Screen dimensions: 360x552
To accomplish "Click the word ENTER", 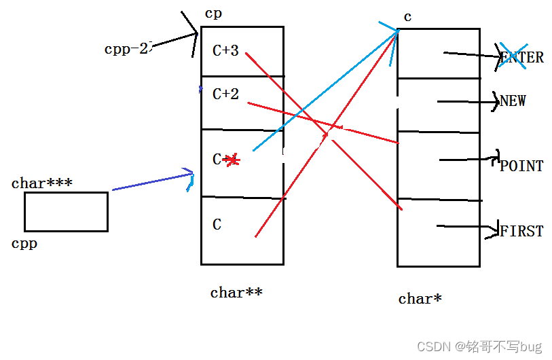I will coord(522,58).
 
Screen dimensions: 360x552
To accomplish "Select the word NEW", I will coord(513,101).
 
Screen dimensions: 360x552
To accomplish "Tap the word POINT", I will coord(521,166).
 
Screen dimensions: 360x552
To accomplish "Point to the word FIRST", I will coord(521,231).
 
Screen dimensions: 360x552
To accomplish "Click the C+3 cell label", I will coord(225,50).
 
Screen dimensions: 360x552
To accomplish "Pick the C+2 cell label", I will coord(225,94).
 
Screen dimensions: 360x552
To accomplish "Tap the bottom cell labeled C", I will coord(217,225).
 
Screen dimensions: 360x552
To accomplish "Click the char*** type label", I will coord(42,183).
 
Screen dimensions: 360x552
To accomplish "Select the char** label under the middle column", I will coord(236,293).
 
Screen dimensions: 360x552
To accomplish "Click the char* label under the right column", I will coord(420,298).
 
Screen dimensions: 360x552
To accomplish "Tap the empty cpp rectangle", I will coord(66,211).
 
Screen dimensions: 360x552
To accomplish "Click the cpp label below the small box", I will coord(24,243).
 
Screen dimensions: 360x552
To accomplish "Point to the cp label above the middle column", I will coord(213,14).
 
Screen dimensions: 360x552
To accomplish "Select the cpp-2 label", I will coord(126,49).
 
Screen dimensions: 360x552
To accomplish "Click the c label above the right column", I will coord(407,17).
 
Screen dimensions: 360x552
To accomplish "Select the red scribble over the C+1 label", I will coord(232,160).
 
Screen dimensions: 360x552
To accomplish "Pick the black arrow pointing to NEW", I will coord(468,102).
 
